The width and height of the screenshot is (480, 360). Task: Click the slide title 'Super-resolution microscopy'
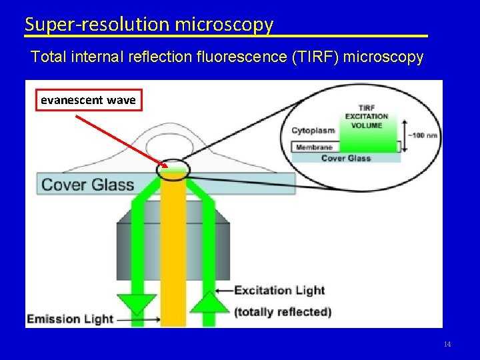click(149, 25)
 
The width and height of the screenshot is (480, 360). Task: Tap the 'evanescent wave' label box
click(88, 100)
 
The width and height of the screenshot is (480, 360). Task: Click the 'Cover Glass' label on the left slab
click(87, 185)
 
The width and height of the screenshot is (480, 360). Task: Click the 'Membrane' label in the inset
click(314, 147)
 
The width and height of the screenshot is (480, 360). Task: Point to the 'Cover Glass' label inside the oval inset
click(345, 158)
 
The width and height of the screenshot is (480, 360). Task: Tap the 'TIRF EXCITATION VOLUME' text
click(366, 116)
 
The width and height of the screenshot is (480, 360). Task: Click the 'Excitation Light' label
click(279, 290)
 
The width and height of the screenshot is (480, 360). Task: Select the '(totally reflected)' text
click(282, 311)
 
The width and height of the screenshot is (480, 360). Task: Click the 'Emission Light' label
click(70, 319)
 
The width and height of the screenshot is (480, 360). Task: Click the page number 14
click(447, 344)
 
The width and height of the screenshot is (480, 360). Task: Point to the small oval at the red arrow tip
click(173, 168)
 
